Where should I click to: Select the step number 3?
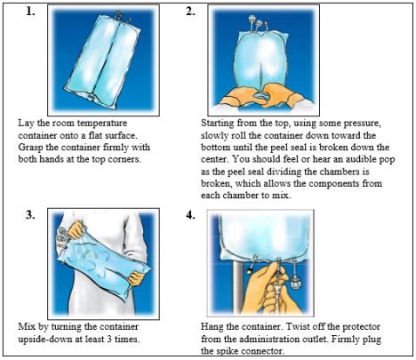click(32, 215)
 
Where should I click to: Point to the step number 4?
click(190, 215)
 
